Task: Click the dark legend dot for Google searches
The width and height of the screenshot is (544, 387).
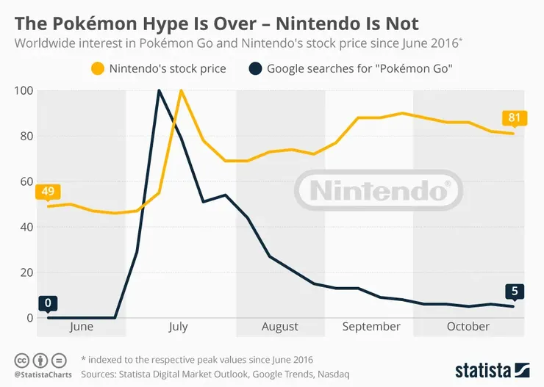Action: pos(254,70)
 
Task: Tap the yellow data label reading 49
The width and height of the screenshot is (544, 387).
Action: pos(47,192)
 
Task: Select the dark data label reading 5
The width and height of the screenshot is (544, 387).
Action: pos(514,292)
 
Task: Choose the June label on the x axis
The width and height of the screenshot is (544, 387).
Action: pos(81,327)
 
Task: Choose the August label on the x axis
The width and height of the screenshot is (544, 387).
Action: pos(280,327)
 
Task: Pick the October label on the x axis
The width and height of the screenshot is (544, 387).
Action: pos(468,327)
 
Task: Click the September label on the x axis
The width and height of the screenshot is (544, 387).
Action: pos(371,327)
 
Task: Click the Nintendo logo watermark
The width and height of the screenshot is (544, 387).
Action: pos(379,190)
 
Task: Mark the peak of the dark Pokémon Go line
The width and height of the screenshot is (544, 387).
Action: pos(159,90)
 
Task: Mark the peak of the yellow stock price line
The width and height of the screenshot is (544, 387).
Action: pos(181,90)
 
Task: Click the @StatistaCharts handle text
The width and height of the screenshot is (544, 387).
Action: pos(37,374)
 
